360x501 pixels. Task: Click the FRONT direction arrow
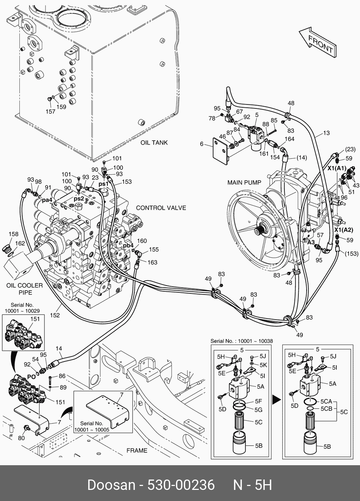click(x=318, y=43)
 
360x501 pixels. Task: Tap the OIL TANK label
click(x=154, y=142)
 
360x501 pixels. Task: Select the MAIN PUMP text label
click(x=244, y=183)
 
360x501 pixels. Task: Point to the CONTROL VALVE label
click(x=161, y=208)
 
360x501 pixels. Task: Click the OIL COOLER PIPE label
click(x=24, y=289)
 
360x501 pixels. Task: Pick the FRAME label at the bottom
click(x=137, y=451)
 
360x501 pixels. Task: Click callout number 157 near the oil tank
click(x=50, y=112)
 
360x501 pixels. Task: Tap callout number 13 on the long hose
click(x=326, y=133)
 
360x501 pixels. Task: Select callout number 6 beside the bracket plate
click(x=202, y=144)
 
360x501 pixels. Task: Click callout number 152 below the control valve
click(x=55, y=315)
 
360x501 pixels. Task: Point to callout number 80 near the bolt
click(x=21, y=438)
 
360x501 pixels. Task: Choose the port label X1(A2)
click(x=343, y=230)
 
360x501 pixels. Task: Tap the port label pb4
click(x=128, y=246)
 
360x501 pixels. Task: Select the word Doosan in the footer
click(x=111, y=485)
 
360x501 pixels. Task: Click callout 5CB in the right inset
click(x=326, y=408)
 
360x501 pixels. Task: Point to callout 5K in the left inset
click(x=263, y=365)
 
